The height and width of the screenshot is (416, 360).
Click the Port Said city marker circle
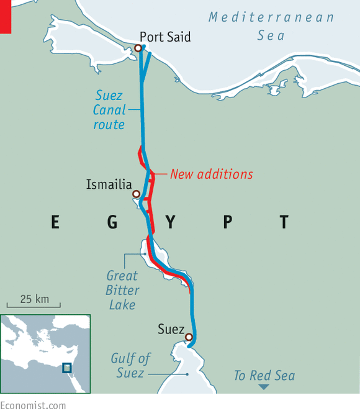[x=138, y=48]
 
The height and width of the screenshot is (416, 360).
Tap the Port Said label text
[x=165, y=37]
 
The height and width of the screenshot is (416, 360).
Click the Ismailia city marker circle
[x=136, y=194]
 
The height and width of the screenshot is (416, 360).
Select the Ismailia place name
[x=110, y=184]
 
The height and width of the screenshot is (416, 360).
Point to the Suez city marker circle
[x=189, y=337]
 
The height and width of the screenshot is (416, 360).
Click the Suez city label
[x=170, y=328]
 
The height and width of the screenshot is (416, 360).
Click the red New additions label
[x=212, y=174]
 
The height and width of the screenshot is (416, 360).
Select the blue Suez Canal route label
[x=110, y=110]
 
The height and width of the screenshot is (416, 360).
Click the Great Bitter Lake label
[x=122, y=290]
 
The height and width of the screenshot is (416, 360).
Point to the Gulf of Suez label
[x=132, y=366]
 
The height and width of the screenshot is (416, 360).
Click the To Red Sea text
[x=264, y=376]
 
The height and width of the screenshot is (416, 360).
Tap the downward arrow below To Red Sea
[x=264, y=387]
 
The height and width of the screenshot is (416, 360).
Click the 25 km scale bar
[x=34, y=305]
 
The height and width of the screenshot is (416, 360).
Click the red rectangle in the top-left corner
[x=6, y=16]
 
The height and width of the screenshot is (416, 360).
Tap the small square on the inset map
[x=67, y=368]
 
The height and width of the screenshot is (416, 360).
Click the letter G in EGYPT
[x=112, y=222]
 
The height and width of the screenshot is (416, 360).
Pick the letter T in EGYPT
[x=284, y=222]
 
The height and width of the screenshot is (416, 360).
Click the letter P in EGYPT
[x=227, y=222]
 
